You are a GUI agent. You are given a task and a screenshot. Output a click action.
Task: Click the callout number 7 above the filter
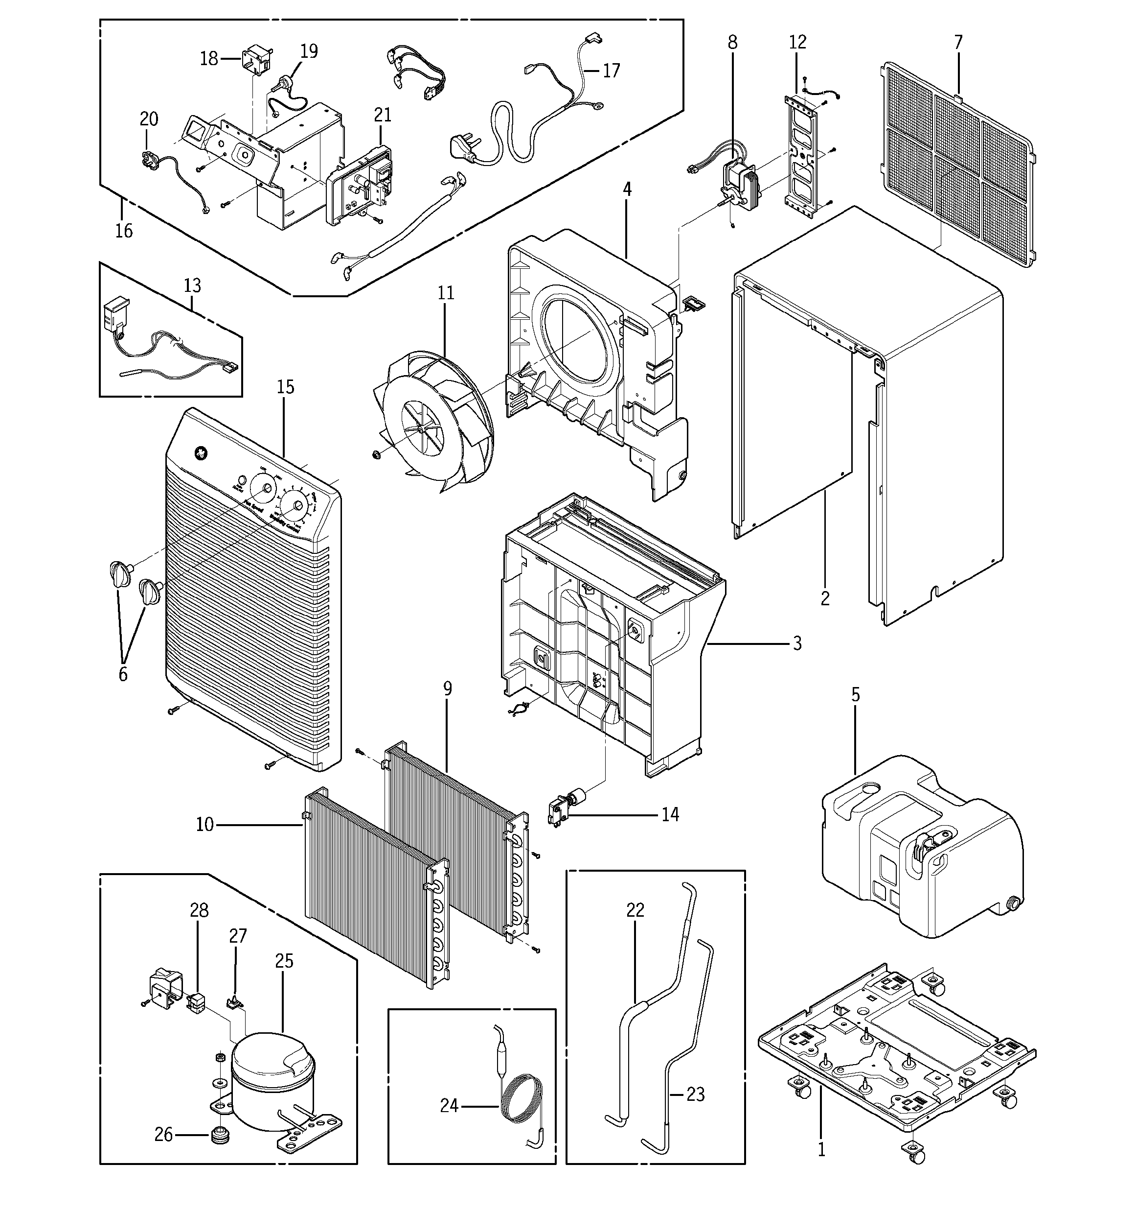click(958, 42)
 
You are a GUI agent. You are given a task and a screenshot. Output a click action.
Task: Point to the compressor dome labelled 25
click(272, 1063)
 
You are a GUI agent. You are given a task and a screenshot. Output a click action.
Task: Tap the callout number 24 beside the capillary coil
click(449, 1105)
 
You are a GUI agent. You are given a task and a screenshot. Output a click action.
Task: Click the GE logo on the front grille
click(199, 453)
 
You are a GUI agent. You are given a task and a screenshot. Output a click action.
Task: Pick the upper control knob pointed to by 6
click(121, 573)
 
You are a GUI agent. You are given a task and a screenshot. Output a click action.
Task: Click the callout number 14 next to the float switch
click(670, 814)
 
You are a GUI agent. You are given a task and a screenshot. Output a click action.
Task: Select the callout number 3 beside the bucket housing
click(797, 643)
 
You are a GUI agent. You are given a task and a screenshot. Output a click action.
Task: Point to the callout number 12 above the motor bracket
click(797, 42)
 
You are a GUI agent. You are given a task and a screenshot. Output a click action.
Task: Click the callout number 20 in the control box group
click(149, 119)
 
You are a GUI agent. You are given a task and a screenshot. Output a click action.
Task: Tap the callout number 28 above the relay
click(199, 910)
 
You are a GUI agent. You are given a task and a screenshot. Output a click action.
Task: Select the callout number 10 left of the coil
click(204, 825)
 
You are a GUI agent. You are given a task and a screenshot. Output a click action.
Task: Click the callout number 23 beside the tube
click(696, 1094)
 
